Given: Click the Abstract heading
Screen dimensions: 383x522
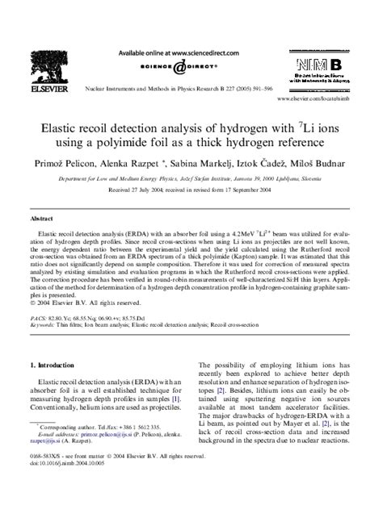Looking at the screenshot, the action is (x=43, y=218).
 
